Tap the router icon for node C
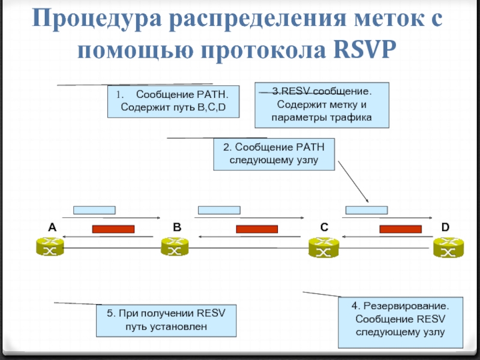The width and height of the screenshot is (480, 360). point(323,248)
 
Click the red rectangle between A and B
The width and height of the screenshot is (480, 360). point(113,229)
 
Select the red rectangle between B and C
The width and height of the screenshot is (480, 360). point(257,229)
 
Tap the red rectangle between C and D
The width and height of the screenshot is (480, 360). point(400,229)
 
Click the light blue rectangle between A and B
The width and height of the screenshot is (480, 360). point(94,210)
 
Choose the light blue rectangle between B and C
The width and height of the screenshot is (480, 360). point(219,210)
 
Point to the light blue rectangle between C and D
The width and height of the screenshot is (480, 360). point(367,210)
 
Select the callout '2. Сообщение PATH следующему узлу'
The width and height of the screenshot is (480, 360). point(274,154)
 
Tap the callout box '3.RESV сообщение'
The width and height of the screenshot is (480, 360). point(322,105)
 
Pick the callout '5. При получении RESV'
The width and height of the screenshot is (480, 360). point(166,320)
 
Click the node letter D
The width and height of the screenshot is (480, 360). point(445,227)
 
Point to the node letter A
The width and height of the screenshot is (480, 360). point(52,227)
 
